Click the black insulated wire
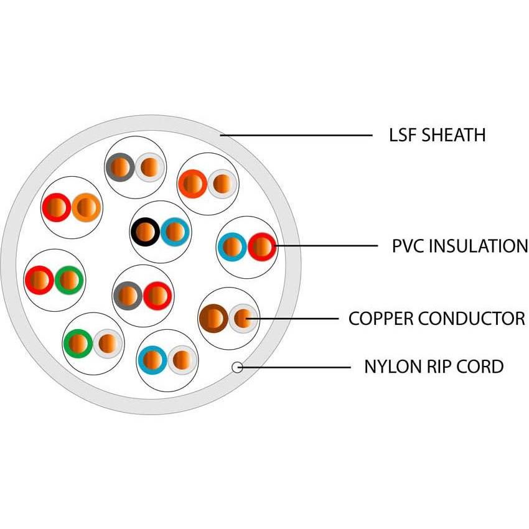pyautogui.click(x=145, y=232)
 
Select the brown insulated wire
pyautogui.click(x=213, y=319)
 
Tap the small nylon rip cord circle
pyautogui.click(x=237, y=367)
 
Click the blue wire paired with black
pyautogui.click(x=176, y=232)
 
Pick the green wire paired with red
pyautogui.click(x=69, y=281)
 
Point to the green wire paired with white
pyautogui.click(x=78, y=343)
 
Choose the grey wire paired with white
pyautogui.click(x=119, y=167)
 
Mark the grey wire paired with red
pyautogui.click(x=128, y=296)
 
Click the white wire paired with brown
pyautogui.click(x=243, y=319)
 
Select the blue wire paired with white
pyautogui.click(x=152, y=360)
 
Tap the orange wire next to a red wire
pyautogui.click(x=87, y=208)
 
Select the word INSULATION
pyautogui.click(x=480, y=246)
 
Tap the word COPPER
pyautogui.click(x=380, y=319)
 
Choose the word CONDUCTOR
pyautogui.click(x=471, y=319)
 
